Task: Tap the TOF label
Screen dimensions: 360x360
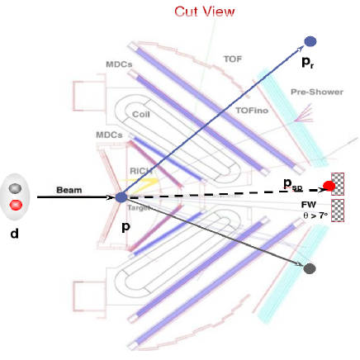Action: point(234,59)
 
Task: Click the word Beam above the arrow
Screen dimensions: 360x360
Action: point(69,190)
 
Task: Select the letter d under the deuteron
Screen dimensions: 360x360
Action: point(13,234)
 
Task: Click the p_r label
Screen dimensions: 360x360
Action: point(308,62)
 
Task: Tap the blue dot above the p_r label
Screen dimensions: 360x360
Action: point(310,41)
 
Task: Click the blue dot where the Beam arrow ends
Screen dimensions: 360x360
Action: point(121,197)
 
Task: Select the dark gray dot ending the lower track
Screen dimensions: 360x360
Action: point(310,268)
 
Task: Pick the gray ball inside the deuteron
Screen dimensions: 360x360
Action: point(16,188)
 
